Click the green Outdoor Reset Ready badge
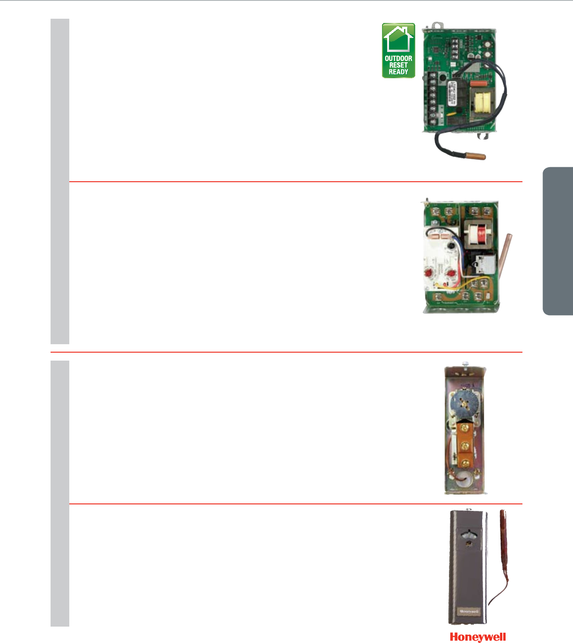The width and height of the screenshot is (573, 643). click(398, 51)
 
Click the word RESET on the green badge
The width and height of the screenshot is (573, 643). click(398, 65)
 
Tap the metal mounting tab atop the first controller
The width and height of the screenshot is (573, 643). click(437, 25)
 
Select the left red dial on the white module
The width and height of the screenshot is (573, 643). click(428, 273)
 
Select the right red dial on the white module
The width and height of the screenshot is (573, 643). click(451, 273)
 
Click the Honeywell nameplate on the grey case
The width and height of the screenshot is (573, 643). click(468, 611)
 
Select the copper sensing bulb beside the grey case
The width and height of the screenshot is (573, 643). click(504, 539)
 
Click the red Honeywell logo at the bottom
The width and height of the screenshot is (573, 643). click(478, 636)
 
